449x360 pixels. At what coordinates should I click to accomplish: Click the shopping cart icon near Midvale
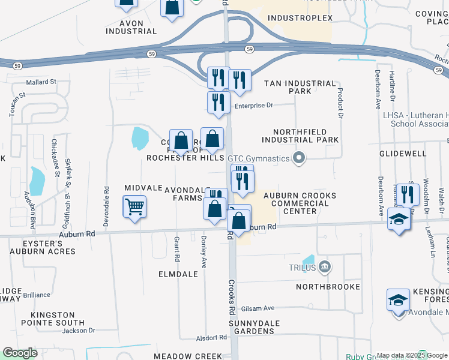[x=135, y=208]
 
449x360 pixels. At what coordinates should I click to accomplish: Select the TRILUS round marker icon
[x=325, y=266]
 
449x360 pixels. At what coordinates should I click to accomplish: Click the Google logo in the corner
[x=20, y=353]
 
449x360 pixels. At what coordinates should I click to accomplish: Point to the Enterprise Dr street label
[x=253, y=106]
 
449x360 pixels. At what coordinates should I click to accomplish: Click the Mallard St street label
[x=40, y=82]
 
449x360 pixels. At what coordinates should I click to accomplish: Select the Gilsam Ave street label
[x=258, y=308]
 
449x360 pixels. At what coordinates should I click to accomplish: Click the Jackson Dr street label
[x=79, y=330]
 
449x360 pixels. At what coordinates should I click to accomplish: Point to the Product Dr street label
[x=340, y=103]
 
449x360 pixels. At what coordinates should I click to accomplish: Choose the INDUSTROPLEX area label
[x=300, y=19]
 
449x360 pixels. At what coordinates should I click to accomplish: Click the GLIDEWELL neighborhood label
[x=402, y=154]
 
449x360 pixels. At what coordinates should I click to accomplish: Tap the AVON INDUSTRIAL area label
[x=131, y=27]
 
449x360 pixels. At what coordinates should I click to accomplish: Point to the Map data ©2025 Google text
[x=412, y=356]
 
